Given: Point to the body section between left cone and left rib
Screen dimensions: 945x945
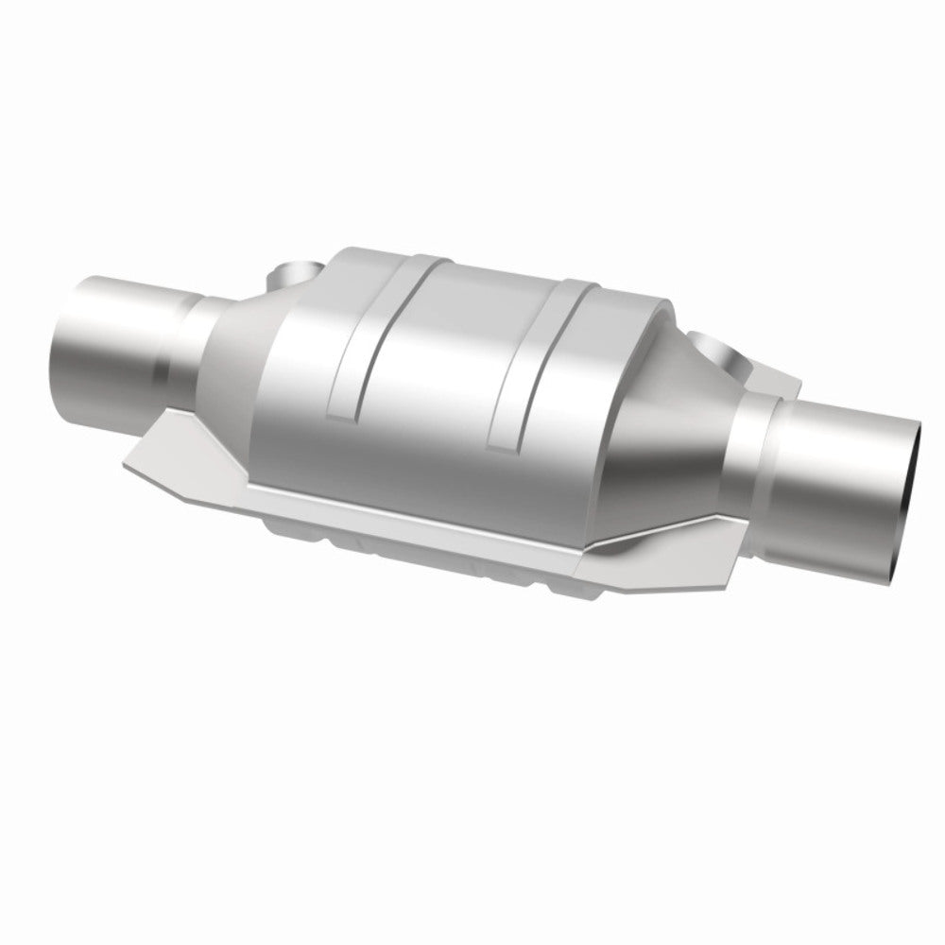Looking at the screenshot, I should (x=302, y=378).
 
